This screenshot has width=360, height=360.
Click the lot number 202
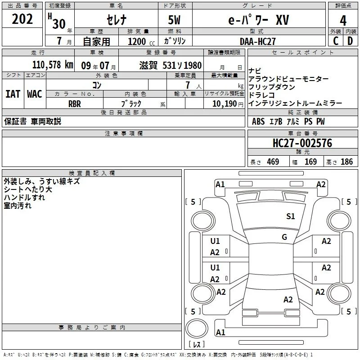coord(22,19)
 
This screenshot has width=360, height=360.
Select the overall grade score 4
coord(343,21)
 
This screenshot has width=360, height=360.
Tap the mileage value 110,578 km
coord(53,65)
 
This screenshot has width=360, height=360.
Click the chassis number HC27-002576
coord(302,143)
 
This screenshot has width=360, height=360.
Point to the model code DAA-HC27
coord(257,41)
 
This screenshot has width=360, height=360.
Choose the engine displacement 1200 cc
coord(141,41)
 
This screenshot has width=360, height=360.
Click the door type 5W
coord(174,20)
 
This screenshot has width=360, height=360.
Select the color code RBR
coord(75,104)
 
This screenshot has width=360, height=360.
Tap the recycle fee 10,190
coord(225,104)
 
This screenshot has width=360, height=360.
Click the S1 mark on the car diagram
coord(290,216)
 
